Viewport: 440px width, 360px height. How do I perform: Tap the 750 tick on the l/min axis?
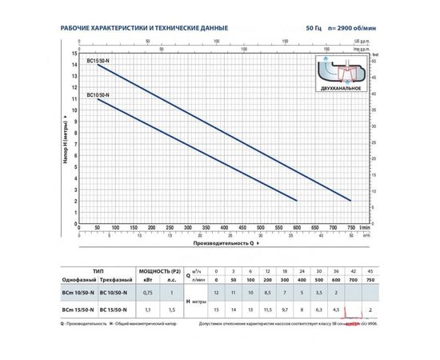click(350, 227)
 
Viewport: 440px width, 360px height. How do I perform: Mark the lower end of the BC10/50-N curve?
click(297, 200)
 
